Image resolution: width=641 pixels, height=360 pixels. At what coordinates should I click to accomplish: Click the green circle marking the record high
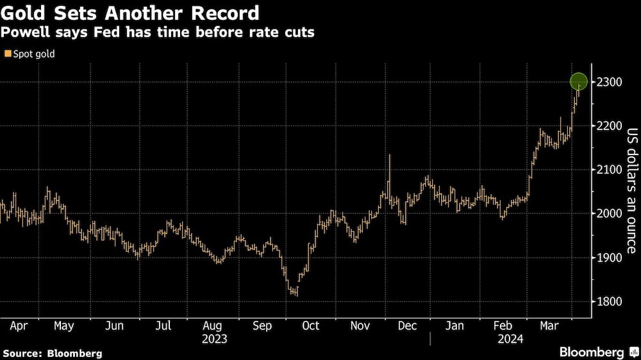pyautogui.click(x=579, y=82)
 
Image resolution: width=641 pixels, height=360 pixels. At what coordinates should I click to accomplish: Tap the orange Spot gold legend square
pyautogui.click(x=8, y=54)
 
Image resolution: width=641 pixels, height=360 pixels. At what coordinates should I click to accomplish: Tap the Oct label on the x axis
pyautogui.click(x=310, y=326)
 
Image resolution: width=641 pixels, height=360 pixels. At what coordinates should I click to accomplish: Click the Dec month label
pyautogui.click(x=408, y=326)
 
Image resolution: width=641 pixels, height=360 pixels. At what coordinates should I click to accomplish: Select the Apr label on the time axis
pyautogui.click(x=19, y=326)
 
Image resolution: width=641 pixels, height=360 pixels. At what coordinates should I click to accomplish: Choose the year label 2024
pyautogui.click(x=510, y=339)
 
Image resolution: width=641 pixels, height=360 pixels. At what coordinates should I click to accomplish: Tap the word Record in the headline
pyautogui.click(x=220, y=13)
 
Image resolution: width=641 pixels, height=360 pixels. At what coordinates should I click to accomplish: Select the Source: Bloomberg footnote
pyautogui.click(x=52, y=353)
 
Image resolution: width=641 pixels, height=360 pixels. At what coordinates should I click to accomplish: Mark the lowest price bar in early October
pyautogui.click(x=296, y=291)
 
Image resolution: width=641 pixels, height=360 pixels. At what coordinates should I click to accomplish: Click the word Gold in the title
pyautogui.click(x=22, y=13)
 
